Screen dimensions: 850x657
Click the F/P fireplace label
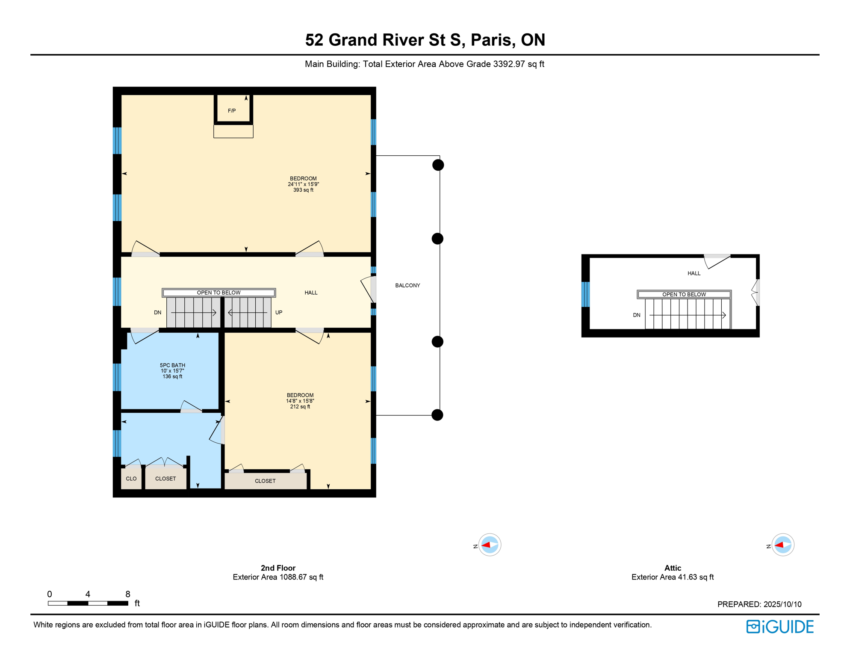click(x=232, y=111)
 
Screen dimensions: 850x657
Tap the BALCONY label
click(x=407, y=285)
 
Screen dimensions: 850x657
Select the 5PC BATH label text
click(x=172, y=365)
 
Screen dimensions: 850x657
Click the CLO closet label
click(x=131, y=479)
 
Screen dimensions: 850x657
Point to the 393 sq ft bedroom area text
click(x=303, y=190)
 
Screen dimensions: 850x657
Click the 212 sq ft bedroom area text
click(x=300, y=407)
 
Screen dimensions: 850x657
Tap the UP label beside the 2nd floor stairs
click(x=279, y=313)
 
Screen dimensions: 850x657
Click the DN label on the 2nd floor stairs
click(x=158, y=313)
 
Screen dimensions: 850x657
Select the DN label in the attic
click(x=637, y=315)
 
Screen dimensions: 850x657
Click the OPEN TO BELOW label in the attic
click(x=684, y=294)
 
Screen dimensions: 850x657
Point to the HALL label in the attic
click(x=694, y=273)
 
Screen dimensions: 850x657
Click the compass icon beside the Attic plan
click(x=783, y=545)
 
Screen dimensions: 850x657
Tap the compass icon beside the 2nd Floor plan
click(x=490, y=545)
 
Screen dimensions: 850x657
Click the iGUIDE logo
click(x=780, y=627)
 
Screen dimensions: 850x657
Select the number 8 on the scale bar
click(x=128, y=594)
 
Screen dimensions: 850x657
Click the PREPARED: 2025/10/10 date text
click(x=759, y=604)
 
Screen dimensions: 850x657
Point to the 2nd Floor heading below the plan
click(x=278, y=568)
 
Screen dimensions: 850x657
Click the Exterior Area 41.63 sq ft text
click(x=673, y=577)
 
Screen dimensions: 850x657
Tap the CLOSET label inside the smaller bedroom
click(x=265, y=481)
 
